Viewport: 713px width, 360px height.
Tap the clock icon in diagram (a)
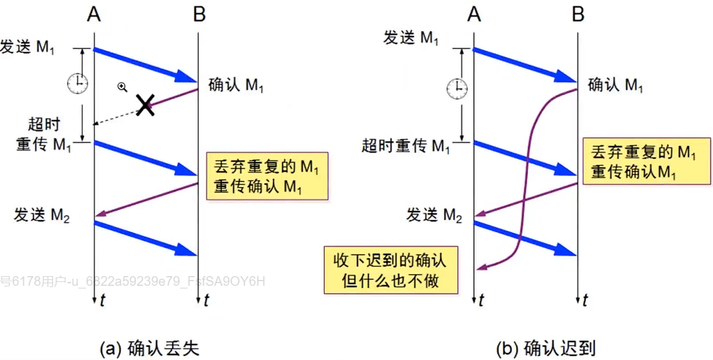77,82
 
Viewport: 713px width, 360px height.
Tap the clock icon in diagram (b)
457,88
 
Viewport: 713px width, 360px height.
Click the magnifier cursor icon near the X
122,86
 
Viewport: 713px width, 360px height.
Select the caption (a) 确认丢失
149,348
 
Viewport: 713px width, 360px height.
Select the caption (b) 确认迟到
546,348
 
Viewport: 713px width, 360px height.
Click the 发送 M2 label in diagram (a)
41,215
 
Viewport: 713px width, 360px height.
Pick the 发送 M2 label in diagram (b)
434,215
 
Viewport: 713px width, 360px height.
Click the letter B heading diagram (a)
199,14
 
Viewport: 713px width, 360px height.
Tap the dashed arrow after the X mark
116,117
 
